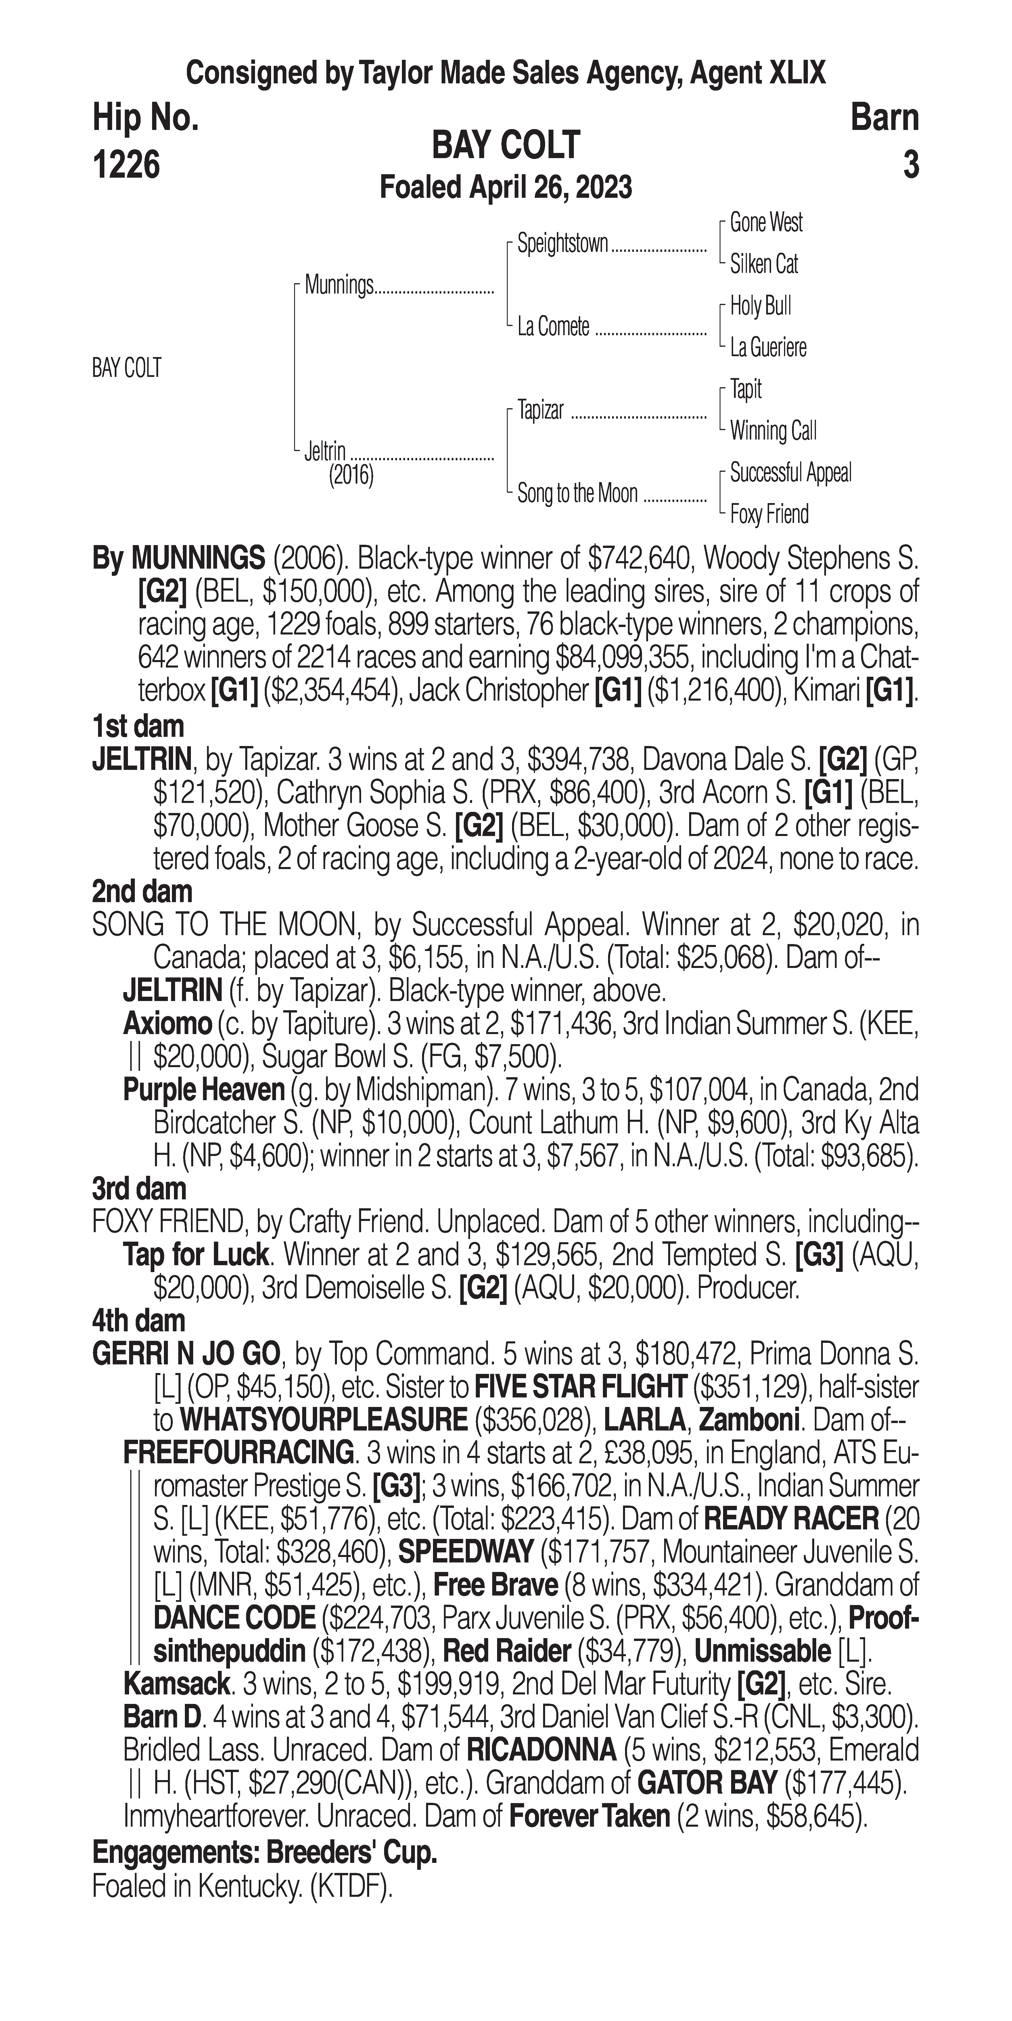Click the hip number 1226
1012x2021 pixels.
(126, 165)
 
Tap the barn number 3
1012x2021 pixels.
(910, 165)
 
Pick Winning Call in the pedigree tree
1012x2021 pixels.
(773, 431)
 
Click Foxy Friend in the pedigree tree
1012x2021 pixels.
(769, 515)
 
